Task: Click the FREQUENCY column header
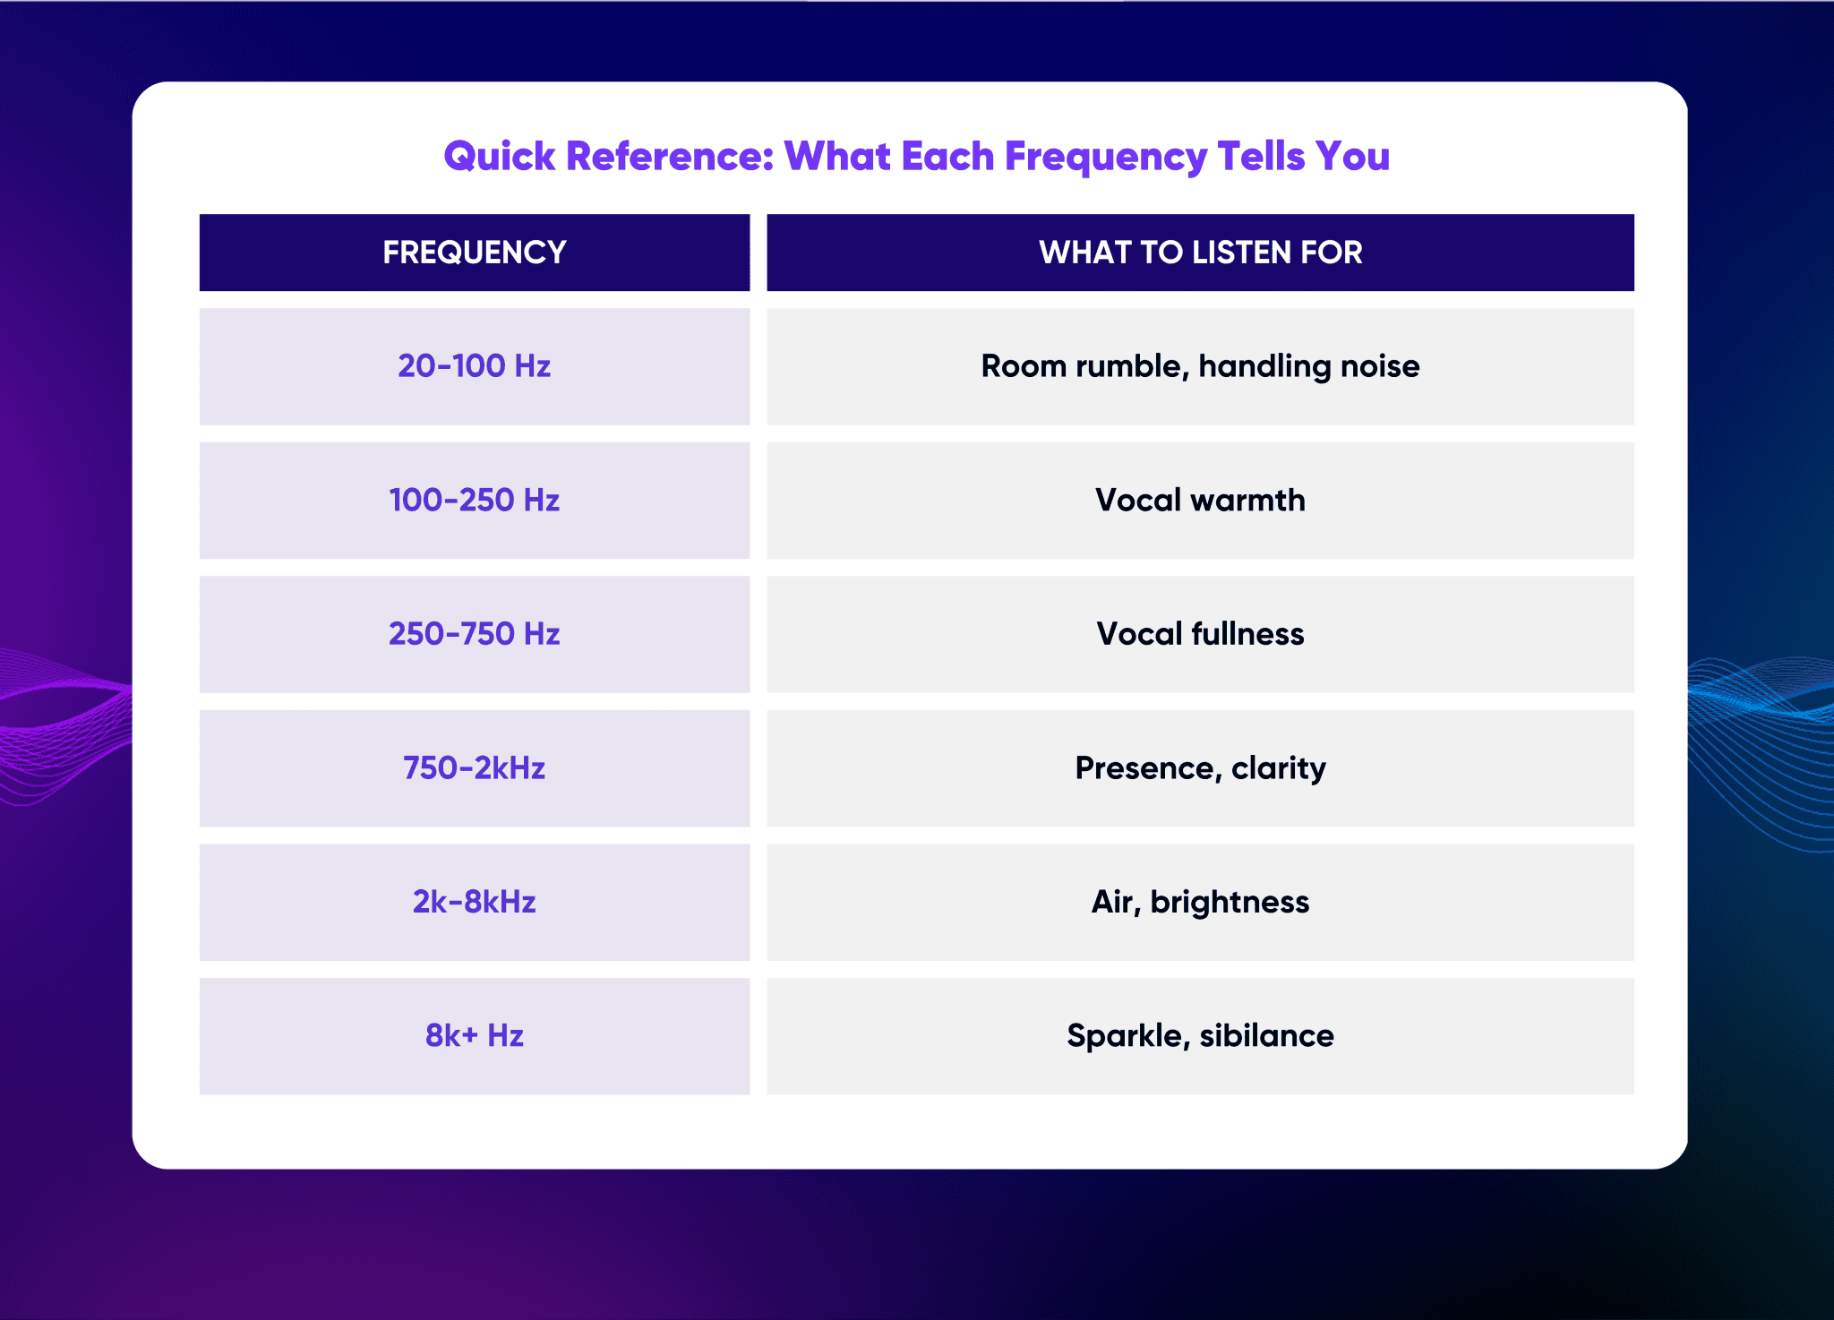(x=474, y=253)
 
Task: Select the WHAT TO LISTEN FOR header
(x=1200, y=253)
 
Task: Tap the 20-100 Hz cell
(x=474, y=366)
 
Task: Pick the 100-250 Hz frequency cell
(x=474, y=500)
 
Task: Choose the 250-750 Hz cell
(x=474, y=634)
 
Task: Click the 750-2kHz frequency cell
(x=474, y=768)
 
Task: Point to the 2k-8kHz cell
(x=474, y=902)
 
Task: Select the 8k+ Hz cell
(x=474, y=1036)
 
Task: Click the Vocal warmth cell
(x=1200, y=500)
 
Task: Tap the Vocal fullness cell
(x=1200, y=634)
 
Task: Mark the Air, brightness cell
(x=1200, y=902)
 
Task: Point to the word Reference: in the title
(x=670, y=157)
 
